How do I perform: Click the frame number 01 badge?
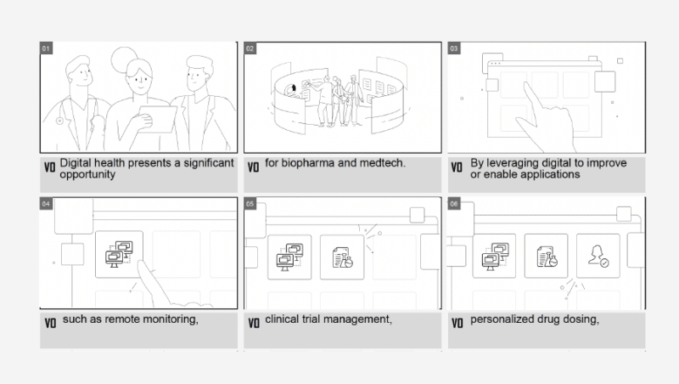coord(47,48)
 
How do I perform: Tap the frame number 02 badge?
coord(250,48)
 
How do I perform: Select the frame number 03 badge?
coord(454,48)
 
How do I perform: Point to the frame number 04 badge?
coord(47,205)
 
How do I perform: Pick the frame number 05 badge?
coord(250,205)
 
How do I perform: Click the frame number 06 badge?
coord(454,205)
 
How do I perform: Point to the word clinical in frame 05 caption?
coord(281,320)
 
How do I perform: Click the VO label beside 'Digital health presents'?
coord(49,167)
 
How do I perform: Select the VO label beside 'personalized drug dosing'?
coord(457,323)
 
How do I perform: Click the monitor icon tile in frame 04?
coord(118,254)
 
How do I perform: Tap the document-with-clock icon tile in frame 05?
coord(342,257)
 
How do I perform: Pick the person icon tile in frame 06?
coord(598,257)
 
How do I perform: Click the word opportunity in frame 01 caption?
coord(87,174)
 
